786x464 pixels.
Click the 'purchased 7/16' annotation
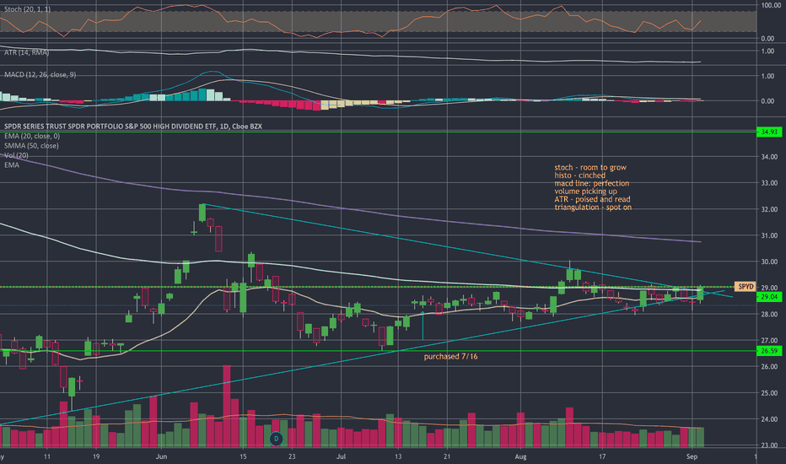coord(455,357)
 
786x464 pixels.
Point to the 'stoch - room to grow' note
coord(586,168)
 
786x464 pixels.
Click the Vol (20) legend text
coord(15,156)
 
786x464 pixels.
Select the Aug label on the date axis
coord(520,456)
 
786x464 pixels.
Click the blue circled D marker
coord(276,439)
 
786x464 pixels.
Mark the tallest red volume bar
coord(226,405)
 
